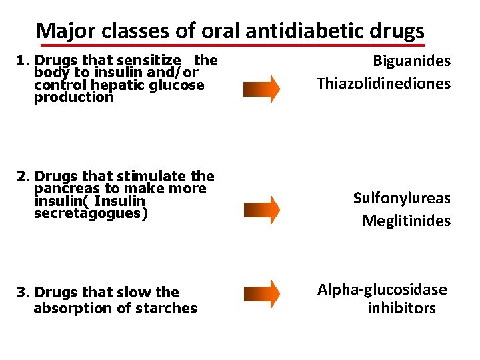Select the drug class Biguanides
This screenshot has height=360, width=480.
pyautogui.click(x=411, y=61)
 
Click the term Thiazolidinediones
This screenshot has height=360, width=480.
pyautogui.click(x=383, y=83)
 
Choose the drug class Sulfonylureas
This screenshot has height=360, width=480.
pyautogui.click(x=401, y=198)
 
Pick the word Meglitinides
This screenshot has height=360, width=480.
pyautogui.click(x=406, y=221)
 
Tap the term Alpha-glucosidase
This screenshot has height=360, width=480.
pyautogui.click(x=382, y=289)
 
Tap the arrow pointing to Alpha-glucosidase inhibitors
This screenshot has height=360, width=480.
pyautogui.click(x=261, y=293)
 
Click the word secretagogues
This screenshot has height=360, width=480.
pyautogui.click(x=90, y=213)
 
